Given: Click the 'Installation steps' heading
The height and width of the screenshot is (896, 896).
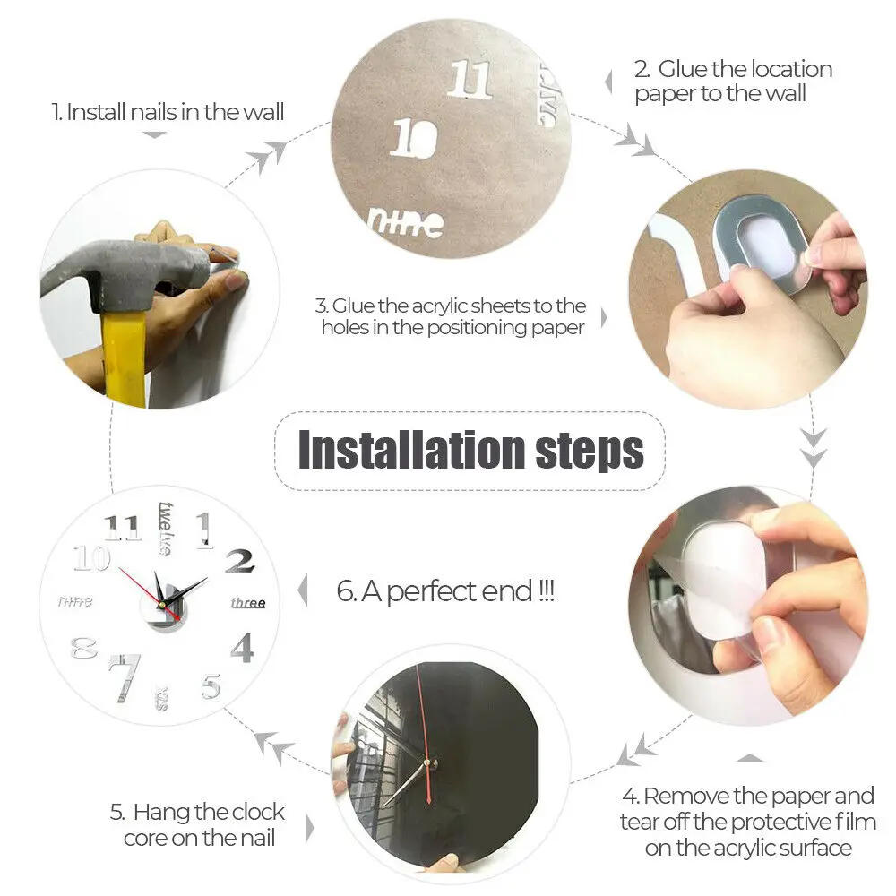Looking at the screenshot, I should (470, 450).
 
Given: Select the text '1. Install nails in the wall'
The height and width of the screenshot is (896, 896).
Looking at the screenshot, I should (168, 112).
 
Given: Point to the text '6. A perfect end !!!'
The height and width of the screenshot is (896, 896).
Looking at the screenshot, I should (445, 591).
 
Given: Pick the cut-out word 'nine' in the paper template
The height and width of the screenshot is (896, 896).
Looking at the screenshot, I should (406, 222).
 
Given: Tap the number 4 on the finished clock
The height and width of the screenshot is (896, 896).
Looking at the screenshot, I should (242, 647).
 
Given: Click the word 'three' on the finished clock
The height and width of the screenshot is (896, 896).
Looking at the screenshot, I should (248, 602).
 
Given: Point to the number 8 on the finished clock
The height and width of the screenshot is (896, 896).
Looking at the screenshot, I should (83, 648).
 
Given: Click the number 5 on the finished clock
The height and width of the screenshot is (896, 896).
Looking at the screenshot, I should (211, 686).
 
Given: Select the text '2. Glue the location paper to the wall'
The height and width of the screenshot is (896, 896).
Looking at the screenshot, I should (733, 81).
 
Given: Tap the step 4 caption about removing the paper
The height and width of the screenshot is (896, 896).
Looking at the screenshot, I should (747, 821).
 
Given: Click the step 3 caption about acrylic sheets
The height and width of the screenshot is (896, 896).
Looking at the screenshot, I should (453, 317).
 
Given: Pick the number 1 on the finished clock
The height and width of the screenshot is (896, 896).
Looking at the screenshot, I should (204, 529).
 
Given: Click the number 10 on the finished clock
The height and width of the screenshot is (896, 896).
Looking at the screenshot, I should (91, 559).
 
